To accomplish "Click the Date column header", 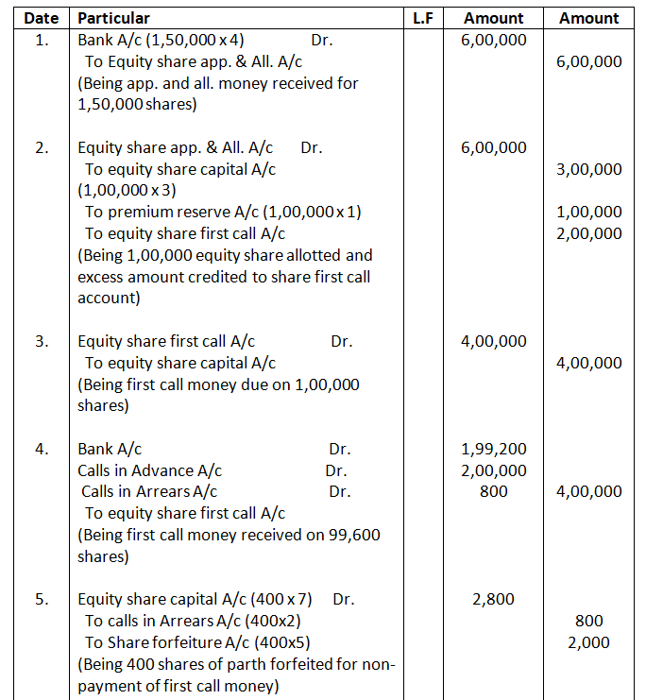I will [41, 18].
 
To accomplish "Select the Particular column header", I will [113, 18].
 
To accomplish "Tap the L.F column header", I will [422, 18].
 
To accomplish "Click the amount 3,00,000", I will [589, 170].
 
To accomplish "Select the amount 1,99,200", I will [494, 449].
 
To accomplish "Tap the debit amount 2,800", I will [494, 599].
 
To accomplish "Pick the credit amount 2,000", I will [589, 642].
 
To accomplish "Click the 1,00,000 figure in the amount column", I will [589, 213].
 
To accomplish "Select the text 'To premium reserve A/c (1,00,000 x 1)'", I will [223, 213].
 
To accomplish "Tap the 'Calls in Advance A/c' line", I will [150, 470].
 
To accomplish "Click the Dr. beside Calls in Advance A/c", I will [336, 470].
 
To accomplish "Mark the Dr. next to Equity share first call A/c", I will [342, 342].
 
